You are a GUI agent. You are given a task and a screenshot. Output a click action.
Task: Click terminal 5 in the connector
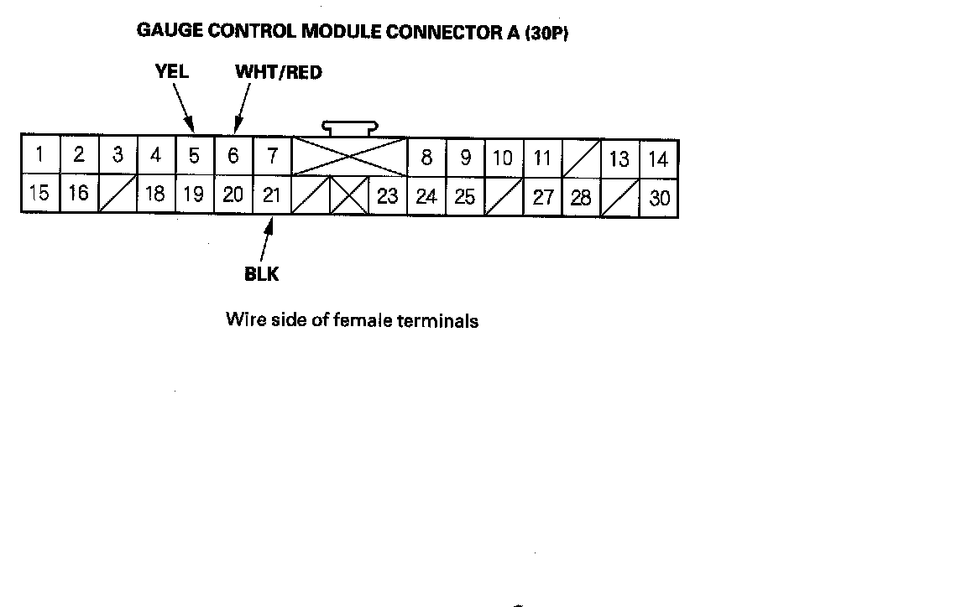194,156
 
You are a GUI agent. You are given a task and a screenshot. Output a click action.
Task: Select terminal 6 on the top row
233,156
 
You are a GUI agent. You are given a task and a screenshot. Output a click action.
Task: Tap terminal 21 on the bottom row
271,195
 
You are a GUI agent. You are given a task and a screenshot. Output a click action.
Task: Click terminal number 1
39,155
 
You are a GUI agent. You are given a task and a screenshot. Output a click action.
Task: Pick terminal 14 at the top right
659,158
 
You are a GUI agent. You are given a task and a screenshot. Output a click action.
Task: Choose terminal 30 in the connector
660,199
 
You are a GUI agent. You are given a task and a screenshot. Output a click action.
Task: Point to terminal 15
39,194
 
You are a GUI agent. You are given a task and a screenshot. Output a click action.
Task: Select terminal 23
388,196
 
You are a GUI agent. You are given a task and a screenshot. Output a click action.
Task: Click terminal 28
581,198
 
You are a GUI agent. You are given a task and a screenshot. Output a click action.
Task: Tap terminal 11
542,158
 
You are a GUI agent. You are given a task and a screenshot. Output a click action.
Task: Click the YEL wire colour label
172,72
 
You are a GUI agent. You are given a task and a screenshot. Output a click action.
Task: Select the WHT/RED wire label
279,72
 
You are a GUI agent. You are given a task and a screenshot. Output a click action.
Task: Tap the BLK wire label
262,274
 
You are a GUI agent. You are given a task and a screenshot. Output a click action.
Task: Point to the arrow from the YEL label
185,108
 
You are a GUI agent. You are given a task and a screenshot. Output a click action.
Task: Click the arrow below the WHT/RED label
242,109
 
